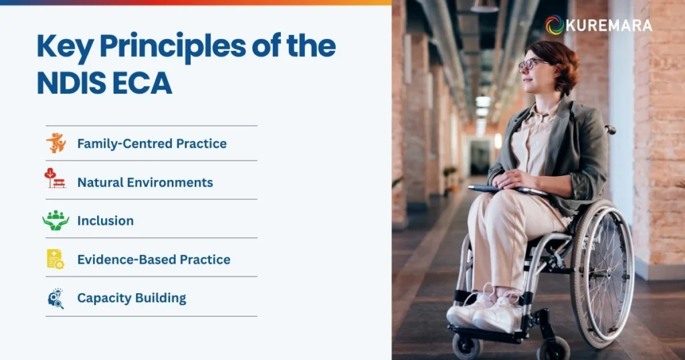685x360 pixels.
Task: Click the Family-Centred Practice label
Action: point(152,143)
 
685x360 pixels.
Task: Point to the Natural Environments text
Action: point(145,182)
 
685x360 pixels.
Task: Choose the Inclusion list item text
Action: point(105,220)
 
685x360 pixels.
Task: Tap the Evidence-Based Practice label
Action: point(154,259)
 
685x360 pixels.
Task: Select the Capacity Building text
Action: point(132,298)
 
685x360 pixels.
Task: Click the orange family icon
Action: point(56,143)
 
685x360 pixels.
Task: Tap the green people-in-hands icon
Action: point(56,220)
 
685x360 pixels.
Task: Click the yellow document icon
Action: point(56,259)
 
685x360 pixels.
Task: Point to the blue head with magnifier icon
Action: point(56,298)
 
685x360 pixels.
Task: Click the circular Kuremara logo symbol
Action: point(555,25)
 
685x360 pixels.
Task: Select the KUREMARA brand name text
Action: point(609,25)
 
